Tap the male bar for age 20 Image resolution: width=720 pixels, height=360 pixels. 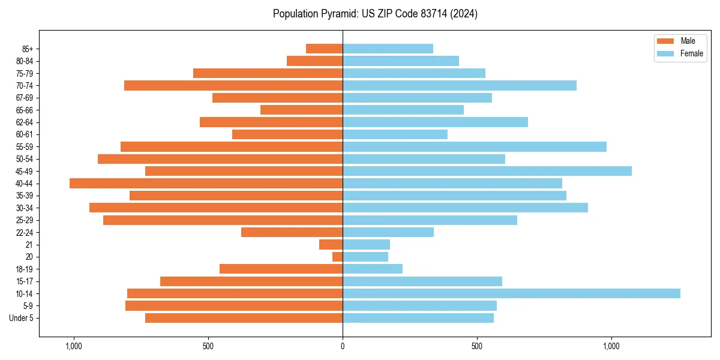[x=337, y=257]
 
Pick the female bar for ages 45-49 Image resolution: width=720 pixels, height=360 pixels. [x=487, y=171]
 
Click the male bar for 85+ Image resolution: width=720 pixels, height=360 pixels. [x=324, y=49]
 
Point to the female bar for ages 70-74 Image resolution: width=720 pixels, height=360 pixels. [x=459, y=85]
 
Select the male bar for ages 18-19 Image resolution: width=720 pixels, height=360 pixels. [x=281, y=269]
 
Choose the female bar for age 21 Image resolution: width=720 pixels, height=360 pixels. [x=366, y=244]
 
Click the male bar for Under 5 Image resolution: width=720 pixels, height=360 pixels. [x=244, y=318]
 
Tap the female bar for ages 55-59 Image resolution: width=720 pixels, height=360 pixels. [x=474, y=146]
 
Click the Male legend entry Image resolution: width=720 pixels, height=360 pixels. [x=688, y=41]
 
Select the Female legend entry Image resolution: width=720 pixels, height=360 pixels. [x=691, y=53]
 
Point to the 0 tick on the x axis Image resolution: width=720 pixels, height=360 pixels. [x=343, y=346]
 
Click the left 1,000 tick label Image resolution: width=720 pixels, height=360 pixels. [x=73, y=346]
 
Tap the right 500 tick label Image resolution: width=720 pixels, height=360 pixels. [x=477, y=346]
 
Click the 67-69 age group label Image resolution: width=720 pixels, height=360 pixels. [x=25, y=98]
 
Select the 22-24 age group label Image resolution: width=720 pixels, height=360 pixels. [x=25, y=232]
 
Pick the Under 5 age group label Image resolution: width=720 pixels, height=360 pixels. [x=22, y=318]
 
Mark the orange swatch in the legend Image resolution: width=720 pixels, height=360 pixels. [x=665, y=41]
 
